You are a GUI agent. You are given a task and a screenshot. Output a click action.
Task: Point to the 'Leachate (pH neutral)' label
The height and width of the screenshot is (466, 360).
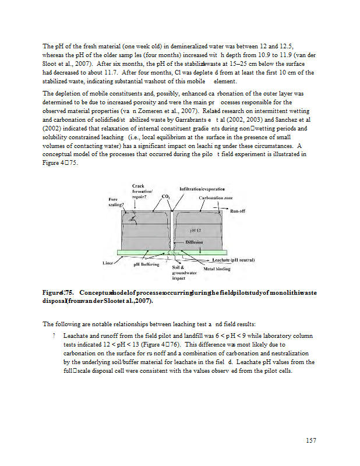click(x=234, y=259)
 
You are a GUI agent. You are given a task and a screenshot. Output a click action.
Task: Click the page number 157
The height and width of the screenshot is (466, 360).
click(x=310, y=440)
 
